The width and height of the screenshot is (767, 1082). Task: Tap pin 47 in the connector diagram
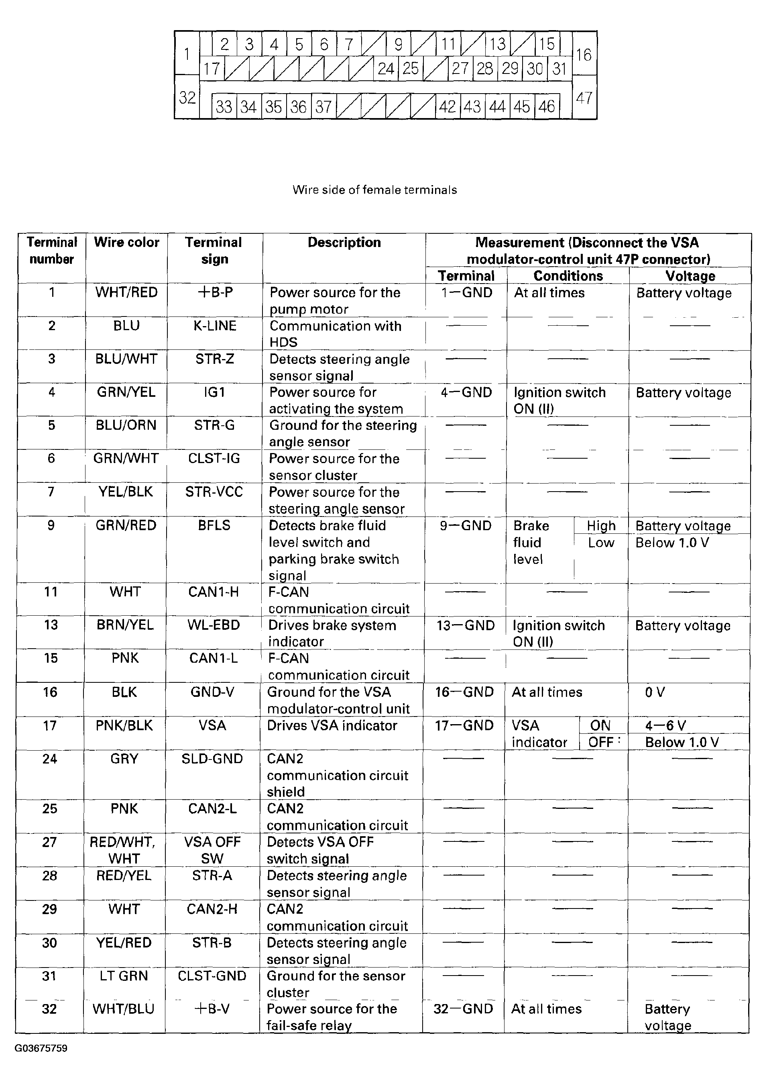(584, 98)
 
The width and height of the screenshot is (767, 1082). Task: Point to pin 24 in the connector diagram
(386, 69)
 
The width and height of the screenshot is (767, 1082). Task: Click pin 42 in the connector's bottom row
(447, 107)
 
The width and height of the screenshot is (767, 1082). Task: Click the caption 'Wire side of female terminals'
(374, 190)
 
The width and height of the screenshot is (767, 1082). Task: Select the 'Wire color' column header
(126, 243)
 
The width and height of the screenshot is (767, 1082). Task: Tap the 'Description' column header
(344, 243)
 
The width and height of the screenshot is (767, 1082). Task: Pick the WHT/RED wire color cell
(126, 292)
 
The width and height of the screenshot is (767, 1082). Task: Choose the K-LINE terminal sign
(215, 326)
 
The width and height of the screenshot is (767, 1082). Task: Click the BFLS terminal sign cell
(214, 525)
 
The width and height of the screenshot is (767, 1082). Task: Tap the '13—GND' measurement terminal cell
(465, 626)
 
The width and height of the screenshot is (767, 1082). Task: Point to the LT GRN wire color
(124, 976)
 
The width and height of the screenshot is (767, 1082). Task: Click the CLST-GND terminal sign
(212, 976)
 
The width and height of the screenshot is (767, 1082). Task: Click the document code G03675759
(41, 1048)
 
